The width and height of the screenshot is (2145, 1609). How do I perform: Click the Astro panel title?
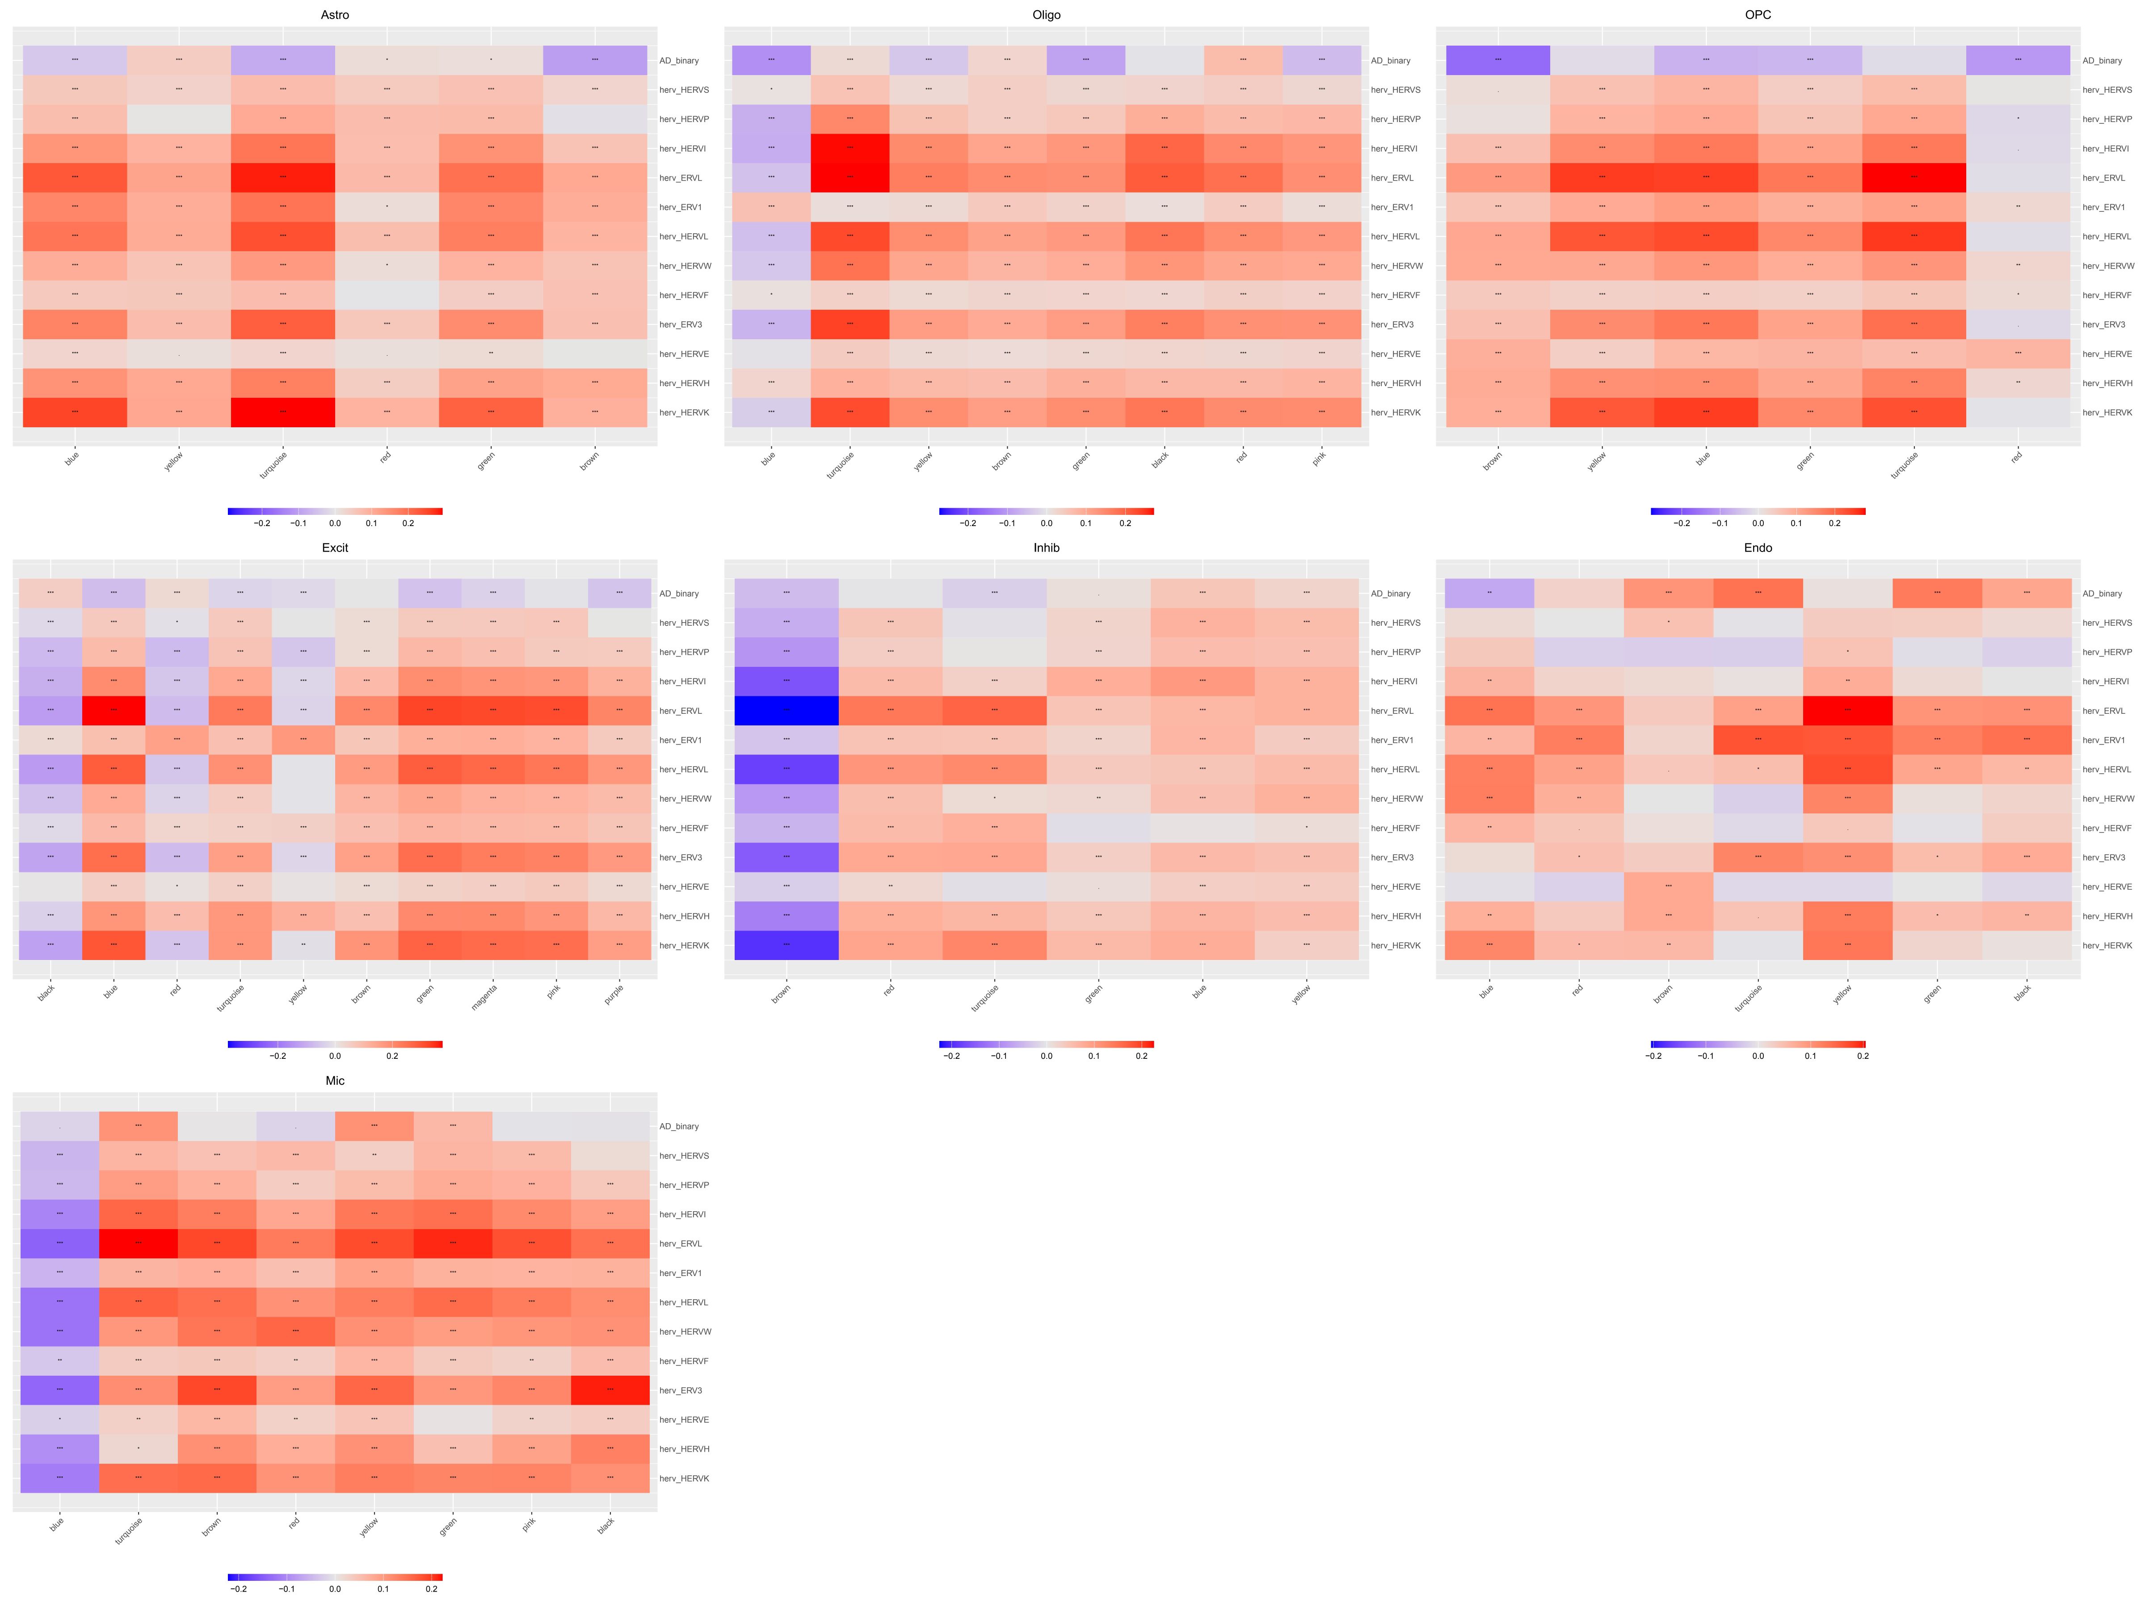[335, 15]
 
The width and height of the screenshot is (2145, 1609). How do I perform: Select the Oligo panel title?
[1046, 15]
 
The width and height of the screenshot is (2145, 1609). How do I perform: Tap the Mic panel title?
[335, 1080]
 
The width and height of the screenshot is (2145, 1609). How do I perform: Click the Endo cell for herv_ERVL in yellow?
[1847, 711]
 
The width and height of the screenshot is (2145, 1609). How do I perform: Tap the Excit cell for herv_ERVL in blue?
[114, 711]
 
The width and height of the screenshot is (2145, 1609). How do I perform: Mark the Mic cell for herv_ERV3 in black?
[610, 1390]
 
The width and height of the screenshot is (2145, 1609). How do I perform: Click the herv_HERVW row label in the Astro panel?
[686, 266]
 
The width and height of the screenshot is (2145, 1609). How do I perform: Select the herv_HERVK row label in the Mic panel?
[685, 1478]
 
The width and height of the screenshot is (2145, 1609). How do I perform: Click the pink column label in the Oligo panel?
[1319, 459]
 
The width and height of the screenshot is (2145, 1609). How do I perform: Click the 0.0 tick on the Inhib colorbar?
[1046, 1056]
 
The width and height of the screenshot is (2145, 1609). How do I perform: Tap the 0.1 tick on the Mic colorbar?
[383, 1588]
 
